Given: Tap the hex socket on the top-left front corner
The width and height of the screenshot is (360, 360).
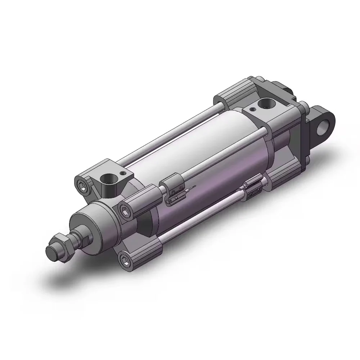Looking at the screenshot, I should (x=81, y=186).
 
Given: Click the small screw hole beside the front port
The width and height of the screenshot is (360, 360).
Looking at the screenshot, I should (x=124, y=173).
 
